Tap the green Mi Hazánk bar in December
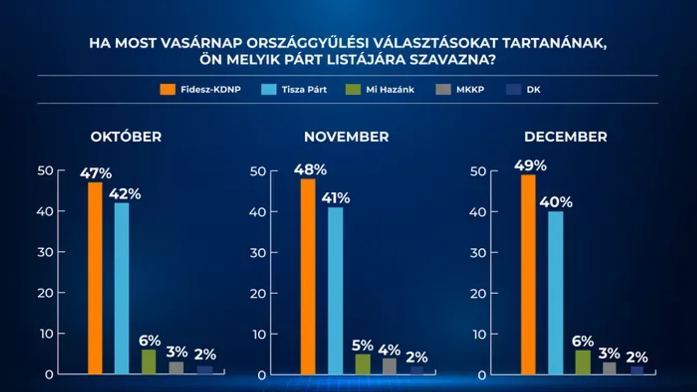[582, 362]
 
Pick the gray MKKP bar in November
[389, 366]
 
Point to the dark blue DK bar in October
[205, 370]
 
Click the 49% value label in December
[530, 165]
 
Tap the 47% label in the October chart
[96, 173]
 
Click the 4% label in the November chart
[389, 349]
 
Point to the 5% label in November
[363, 345]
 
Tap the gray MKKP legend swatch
[442, 89]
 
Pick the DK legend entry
[533, 89]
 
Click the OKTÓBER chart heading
[126, 137]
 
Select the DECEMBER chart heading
[565, 137]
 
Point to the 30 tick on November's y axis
[257, 252]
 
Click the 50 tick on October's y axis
[46, 170]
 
